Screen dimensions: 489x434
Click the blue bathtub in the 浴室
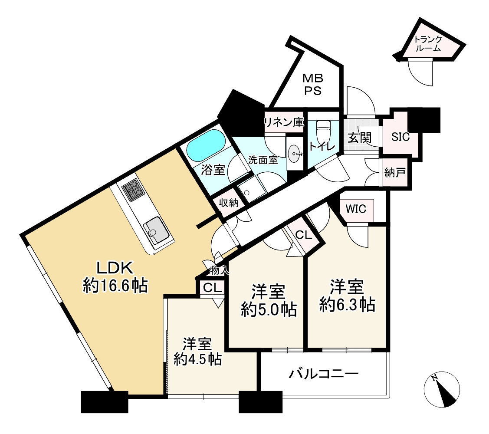[206, 146]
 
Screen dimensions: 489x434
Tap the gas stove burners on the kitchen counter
[133, 189]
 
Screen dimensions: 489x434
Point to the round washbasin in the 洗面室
[295, 153]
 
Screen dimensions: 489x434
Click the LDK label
[115, 268]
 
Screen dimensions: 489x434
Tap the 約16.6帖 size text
[115, 286]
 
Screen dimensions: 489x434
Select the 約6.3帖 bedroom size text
[347, 305]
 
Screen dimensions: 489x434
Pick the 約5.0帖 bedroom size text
[269, 310]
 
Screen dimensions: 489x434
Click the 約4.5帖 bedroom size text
[198, 359]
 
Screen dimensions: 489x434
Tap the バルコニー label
[323, 374]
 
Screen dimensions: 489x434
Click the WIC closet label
[356, 209]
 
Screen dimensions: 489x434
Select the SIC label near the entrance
[400, 137]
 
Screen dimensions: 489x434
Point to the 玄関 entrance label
[360, 138]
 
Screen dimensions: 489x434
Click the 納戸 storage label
[395, 173]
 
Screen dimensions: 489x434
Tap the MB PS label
[313, 84]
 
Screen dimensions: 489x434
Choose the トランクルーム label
[428, 44]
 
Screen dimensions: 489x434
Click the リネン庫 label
[284, 122]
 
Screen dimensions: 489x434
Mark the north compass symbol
[443, 390]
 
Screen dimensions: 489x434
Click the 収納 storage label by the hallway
[229, 203]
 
